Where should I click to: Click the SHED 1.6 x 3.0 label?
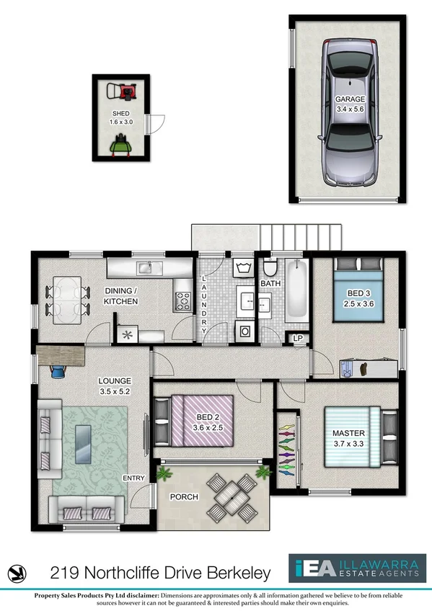point(120,119)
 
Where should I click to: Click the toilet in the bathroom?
point(270,269)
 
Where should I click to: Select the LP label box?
point(297,339)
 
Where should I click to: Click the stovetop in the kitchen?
point(182,301)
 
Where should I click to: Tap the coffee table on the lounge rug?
point(84,440)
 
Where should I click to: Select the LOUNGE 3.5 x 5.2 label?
point(115,386)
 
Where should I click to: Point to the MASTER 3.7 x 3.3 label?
point(349,437)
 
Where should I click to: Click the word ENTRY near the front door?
point(134,478)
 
